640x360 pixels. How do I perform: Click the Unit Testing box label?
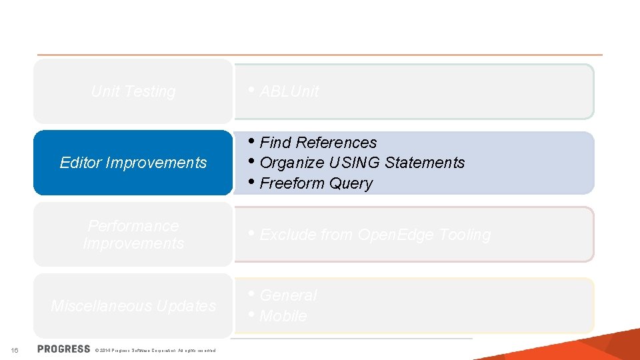pyautogui.click(x=133, y=92)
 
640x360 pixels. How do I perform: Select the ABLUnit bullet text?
pyautogui.click(x=289, y=92)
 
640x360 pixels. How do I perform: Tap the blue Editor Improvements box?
pyautogui.click(x=133, y=163)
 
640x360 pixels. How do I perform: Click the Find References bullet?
pyautogui.click(x=318, y=143)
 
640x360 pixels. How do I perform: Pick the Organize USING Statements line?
pyautogui.click(x=362, y=163)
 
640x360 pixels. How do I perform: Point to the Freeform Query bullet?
pyautogui.click(x=316, y=183)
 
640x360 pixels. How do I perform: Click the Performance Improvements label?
pyautogui.click(x=133, y=235)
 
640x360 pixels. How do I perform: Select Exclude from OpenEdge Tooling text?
pyautogui.click(x=375, y=235)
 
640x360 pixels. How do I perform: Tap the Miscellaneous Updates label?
pyautogui.click(x=133, y=306)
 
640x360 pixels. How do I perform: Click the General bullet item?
pyautogui.click(x=288, y=295)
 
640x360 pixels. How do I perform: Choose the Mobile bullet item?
pyautogui.click(x=283, y=316)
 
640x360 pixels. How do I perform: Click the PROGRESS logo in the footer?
pyautogui.click(x=64, y=349)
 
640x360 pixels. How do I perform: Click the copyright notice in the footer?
pyautogui.click(x=155, y=350)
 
